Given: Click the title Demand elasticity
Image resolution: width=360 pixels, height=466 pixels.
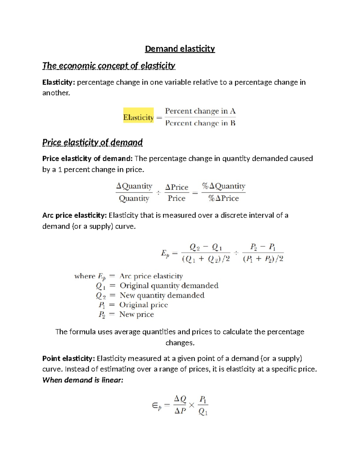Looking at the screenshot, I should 180,49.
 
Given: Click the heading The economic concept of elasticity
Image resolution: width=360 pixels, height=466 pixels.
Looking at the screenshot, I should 109,65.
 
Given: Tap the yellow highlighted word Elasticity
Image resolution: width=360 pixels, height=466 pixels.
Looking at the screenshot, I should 138,117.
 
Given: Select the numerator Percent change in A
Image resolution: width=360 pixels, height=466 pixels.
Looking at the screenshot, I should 200,111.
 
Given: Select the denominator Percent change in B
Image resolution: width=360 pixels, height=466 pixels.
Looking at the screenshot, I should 200,123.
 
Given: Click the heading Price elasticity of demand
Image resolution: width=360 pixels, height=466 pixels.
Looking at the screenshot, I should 92,142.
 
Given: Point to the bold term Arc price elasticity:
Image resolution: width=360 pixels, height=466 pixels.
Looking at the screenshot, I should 74,215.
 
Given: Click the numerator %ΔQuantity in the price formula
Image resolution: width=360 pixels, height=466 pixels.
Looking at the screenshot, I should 223,186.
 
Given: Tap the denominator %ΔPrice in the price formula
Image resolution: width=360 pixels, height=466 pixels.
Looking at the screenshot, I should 223,198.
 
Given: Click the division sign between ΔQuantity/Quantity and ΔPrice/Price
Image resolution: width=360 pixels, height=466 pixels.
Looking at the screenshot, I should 158,193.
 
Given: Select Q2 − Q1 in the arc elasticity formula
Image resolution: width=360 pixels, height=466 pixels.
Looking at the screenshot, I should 206,247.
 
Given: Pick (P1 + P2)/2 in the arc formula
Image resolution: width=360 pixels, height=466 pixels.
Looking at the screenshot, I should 263,259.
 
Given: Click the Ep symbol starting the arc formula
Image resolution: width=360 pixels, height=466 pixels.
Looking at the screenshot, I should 165,254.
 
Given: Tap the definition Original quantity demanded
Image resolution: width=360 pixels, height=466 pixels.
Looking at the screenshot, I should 169,285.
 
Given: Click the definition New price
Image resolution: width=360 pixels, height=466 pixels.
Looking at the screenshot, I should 136,314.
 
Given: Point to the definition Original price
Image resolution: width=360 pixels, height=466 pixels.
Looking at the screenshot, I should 143,305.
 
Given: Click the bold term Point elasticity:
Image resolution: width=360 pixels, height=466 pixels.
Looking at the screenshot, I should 69,358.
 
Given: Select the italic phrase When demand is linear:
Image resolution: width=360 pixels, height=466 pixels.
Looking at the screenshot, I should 83,380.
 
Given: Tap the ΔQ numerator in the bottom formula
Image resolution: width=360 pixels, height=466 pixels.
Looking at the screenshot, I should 180,399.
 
